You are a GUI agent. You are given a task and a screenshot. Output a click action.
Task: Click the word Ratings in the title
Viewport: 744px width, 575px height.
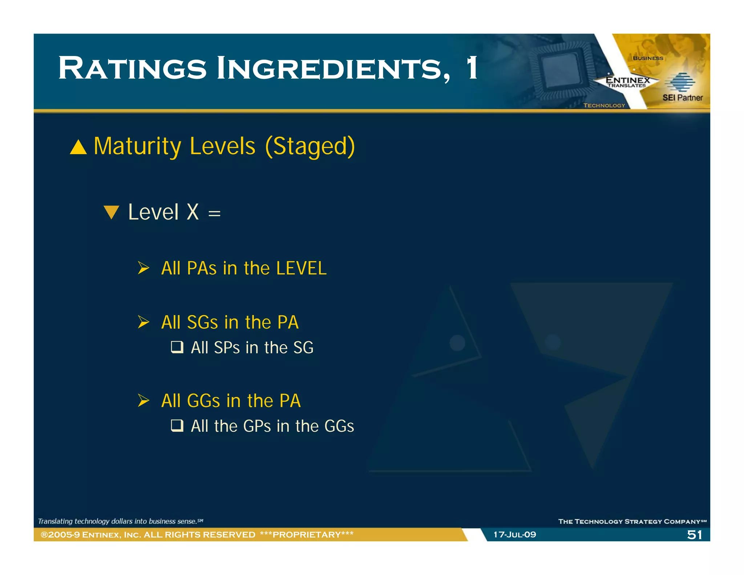pos(132,68)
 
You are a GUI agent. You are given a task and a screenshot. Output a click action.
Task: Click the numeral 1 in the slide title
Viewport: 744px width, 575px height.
pos(472,68)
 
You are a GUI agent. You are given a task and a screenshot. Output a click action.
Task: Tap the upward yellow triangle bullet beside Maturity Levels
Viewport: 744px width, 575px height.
pos(78,147)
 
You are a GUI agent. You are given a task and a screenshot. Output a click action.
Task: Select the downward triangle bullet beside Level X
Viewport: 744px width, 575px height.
pos(111,212)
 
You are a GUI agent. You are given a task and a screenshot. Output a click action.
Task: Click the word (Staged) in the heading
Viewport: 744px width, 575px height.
pos(310,146)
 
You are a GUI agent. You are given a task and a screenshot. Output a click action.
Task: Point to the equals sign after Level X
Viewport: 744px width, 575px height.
pos(214,214)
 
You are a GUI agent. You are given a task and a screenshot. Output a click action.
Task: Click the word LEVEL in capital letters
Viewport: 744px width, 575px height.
pos(301,268)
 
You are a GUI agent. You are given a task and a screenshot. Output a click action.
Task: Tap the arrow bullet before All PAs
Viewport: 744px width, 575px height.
pos(143,268)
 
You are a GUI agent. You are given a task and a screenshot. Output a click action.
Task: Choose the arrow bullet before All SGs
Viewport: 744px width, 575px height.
pos(143,322)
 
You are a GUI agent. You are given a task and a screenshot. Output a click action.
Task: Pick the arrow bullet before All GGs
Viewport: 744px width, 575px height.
pos(143,401)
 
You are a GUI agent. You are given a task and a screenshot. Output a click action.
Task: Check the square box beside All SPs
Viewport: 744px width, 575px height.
pos(177,347)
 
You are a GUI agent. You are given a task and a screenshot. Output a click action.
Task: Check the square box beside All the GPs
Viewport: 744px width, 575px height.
pos(177,425)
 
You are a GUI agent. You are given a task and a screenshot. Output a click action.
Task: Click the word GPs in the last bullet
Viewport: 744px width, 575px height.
pos(257,426)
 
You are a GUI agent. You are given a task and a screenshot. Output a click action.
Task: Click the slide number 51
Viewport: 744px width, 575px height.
pos(694,535)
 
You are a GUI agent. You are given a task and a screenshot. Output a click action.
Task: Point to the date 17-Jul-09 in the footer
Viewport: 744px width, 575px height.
pos(514,535)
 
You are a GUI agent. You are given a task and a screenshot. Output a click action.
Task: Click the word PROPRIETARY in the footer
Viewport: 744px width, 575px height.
pos(307,535)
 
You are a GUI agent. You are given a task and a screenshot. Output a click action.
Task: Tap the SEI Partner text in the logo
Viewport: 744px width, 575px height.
pos(682,97)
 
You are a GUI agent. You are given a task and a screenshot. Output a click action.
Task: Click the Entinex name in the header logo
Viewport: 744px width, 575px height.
pos(627,80)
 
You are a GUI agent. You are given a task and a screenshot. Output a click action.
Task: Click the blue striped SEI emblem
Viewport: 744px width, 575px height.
pos(680,82)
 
